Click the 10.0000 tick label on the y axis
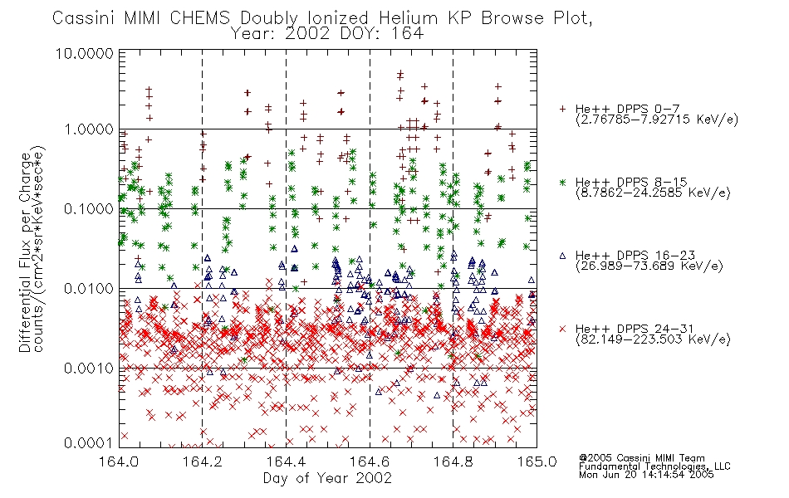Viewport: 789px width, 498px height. click(x=85, y=53)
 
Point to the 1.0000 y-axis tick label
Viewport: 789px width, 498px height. click(x=89, y=129)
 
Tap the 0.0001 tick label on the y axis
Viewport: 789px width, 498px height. click(x=89, y=442)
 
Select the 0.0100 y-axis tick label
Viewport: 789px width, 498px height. click(x=89, y=289)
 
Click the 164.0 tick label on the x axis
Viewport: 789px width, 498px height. click(x=119, y=461)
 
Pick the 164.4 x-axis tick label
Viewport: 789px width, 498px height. click(x=286, y=461)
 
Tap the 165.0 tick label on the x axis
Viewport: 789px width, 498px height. click(x=537, y=461)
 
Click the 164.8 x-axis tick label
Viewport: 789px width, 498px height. click(x=453, y=461)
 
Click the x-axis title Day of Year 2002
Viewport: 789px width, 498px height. click(x=327, y=478)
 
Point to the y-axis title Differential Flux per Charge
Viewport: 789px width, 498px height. click(x=25, y=252)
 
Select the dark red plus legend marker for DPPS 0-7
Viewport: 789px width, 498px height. click(x=562, y=109)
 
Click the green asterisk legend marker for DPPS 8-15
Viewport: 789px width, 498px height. click(x=562, y=182)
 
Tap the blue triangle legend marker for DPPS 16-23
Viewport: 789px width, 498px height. click(x=562, y=256)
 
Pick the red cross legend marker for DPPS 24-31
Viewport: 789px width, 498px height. click(x=562, y=329)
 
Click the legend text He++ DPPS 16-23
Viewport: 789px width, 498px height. click(x=635, y=255)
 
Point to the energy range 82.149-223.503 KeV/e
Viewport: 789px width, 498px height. click(x=653, y=339)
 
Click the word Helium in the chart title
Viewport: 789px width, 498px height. click(x=408, y=17)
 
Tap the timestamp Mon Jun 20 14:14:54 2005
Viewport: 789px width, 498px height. click(x=646, y=475)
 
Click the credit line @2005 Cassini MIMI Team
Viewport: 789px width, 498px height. click(x=641, y=458)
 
